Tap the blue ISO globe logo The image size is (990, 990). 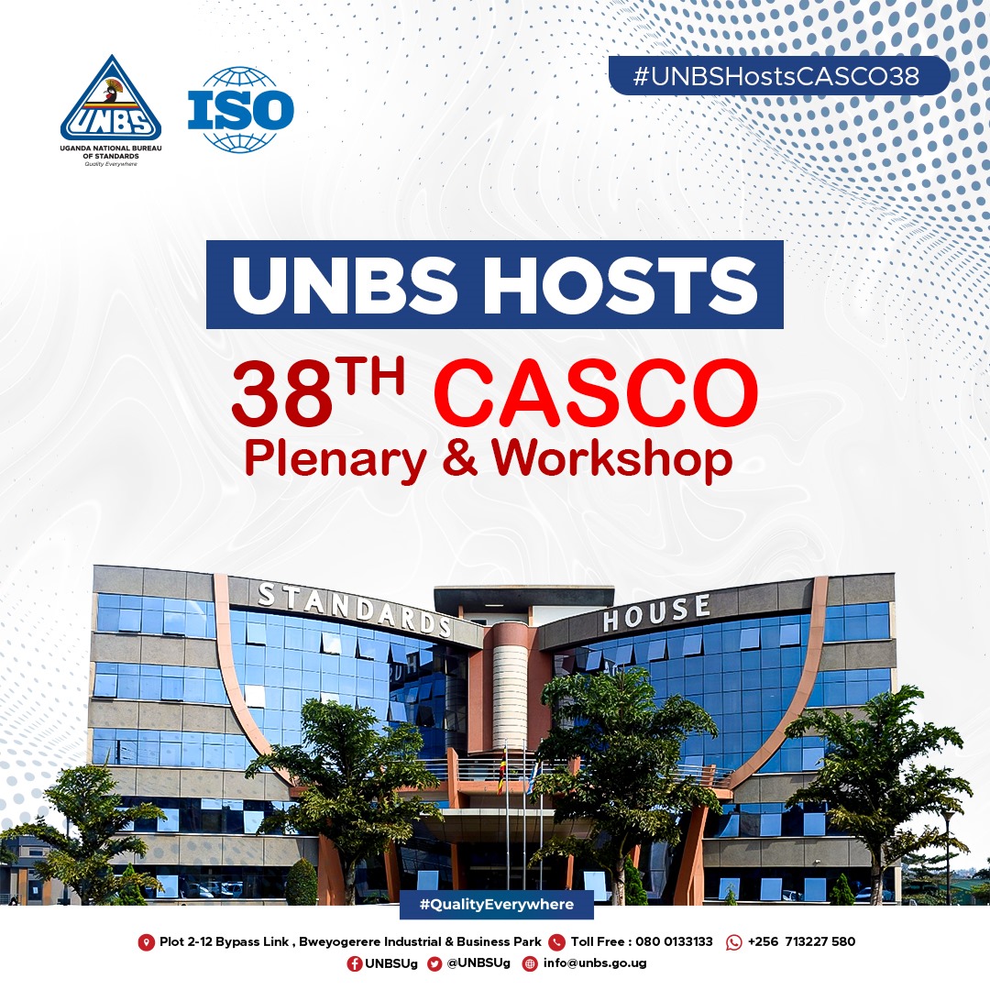click(240, 110)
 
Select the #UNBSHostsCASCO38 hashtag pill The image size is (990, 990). click(778, 76)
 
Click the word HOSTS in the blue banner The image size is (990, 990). click(620, 285)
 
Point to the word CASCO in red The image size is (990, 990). click(596, 392)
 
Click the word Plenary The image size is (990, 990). click(335, 459)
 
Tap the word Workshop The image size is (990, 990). click(611, 459)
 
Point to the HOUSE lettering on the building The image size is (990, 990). click(656, 612)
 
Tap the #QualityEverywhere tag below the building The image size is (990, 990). click(496, 904)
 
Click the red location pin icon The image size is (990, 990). click(146, 942)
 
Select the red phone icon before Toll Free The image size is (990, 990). click(556, 942)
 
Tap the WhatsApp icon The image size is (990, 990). click(733, 942)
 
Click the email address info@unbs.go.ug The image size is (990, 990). click(595, 963)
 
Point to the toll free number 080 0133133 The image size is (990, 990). click(674, 942)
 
